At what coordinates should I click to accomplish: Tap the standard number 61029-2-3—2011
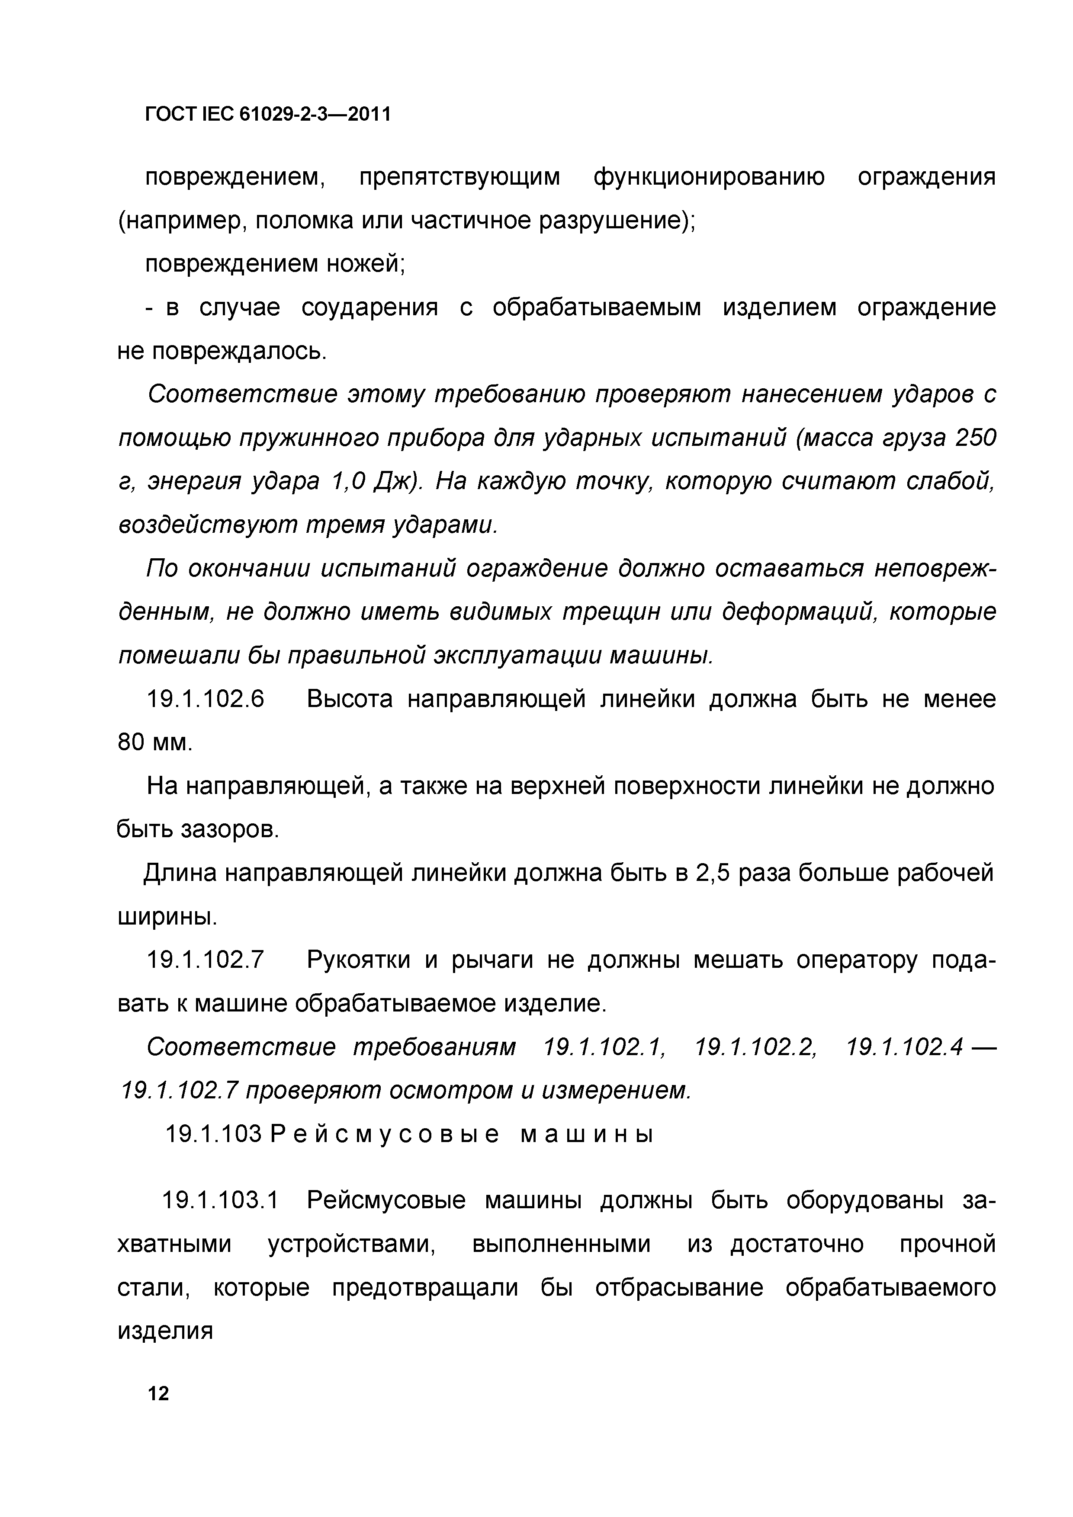coord(314,115)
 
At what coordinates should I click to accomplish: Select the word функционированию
coord(709,178)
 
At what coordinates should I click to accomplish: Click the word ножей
coord(367,264)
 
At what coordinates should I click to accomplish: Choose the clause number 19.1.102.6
coord(205,699)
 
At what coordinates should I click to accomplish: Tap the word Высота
coord(349,699)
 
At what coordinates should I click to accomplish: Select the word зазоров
coord(229,830)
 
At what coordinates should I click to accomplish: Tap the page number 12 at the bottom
coord(159,1394)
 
